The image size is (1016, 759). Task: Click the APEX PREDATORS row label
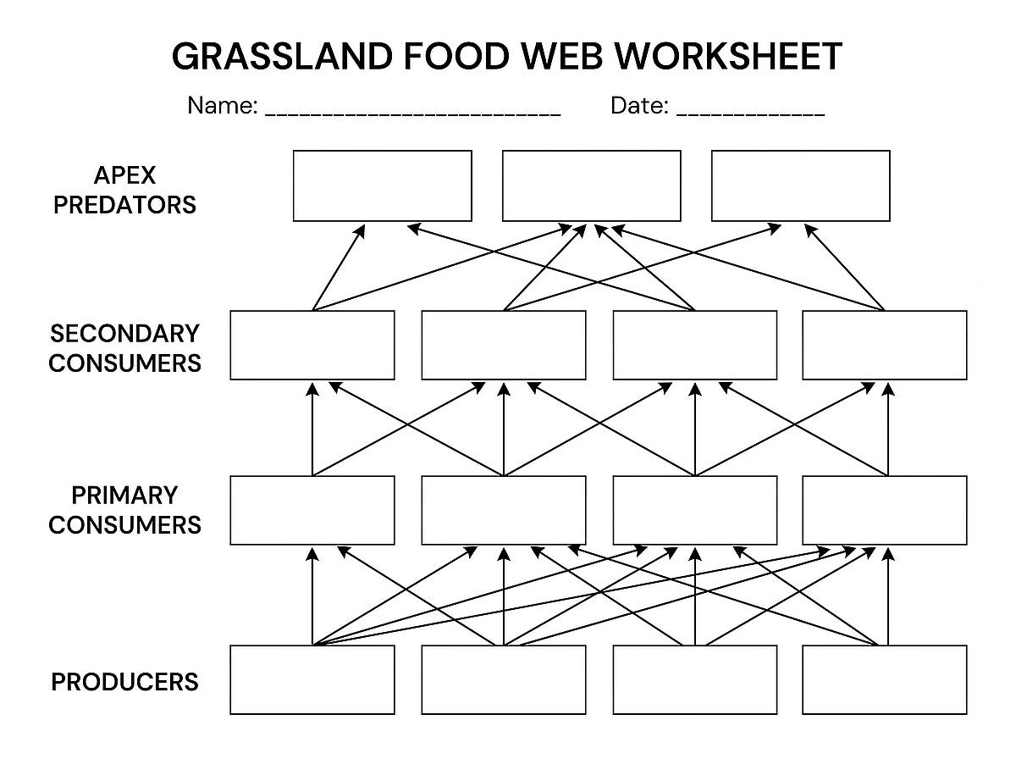tap(124, 190)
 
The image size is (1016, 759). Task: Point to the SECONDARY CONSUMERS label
tap(124, 347)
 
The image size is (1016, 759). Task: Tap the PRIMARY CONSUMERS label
tap(124, 509)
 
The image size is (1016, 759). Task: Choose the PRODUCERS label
tap(124, 681)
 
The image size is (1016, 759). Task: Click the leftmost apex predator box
tap(382, 186)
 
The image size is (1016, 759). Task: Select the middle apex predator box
tap(591, 186)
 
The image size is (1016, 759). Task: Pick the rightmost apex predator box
tap(800, 186)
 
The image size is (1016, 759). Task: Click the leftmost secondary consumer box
tap(312, 345)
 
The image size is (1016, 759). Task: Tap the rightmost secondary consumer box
tap(884, 345)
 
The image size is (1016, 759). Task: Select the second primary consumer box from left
tap(503, 510)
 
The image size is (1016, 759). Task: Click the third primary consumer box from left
tap(694, 510)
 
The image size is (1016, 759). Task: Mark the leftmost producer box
tap(312, 679)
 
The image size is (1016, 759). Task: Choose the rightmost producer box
tap(884, 679)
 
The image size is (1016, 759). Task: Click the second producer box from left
tap(503, 679)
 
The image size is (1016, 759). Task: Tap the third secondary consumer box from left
tap(694, 345)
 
